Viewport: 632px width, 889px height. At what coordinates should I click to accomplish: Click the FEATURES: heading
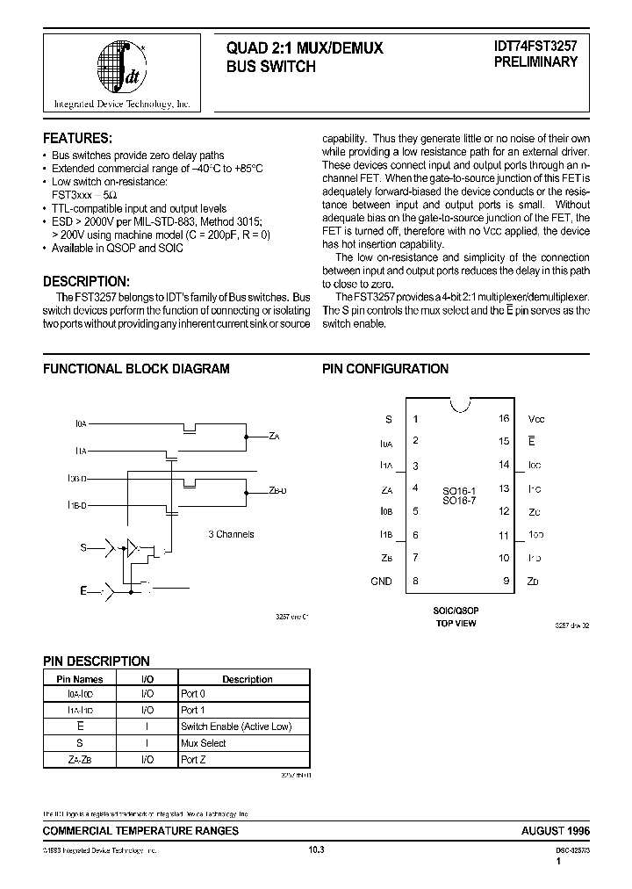coord(78,139)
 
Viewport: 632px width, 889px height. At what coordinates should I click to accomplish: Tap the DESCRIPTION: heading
coord(87,281)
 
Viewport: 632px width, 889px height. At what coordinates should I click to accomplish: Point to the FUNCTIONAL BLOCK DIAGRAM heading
coord(136,369)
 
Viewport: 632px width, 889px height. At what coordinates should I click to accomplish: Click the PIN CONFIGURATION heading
coord(385,369)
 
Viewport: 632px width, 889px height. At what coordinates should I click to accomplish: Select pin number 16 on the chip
coord(504,419)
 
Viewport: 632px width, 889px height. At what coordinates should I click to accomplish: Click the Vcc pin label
coord(536,419)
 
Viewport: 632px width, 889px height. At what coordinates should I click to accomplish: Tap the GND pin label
coord(381,581)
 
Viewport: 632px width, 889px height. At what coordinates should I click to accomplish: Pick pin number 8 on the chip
coord(415,581)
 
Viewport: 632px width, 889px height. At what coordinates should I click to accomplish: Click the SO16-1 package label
coord(458,489)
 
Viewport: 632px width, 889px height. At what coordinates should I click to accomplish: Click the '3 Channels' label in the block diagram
coord(231,533)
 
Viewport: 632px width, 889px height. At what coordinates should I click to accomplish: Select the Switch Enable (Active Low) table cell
coord(235,726)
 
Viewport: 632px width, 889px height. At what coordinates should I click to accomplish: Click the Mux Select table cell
coord(204,742)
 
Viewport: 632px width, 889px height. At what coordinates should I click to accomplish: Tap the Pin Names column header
coord(80,678)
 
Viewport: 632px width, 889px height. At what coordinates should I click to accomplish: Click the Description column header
coord(247,678)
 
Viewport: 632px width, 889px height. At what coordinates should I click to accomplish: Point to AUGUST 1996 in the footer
coord(556,830)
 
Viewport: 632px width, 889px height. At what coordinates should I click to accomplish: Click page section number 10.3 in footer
coord(317,849)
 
